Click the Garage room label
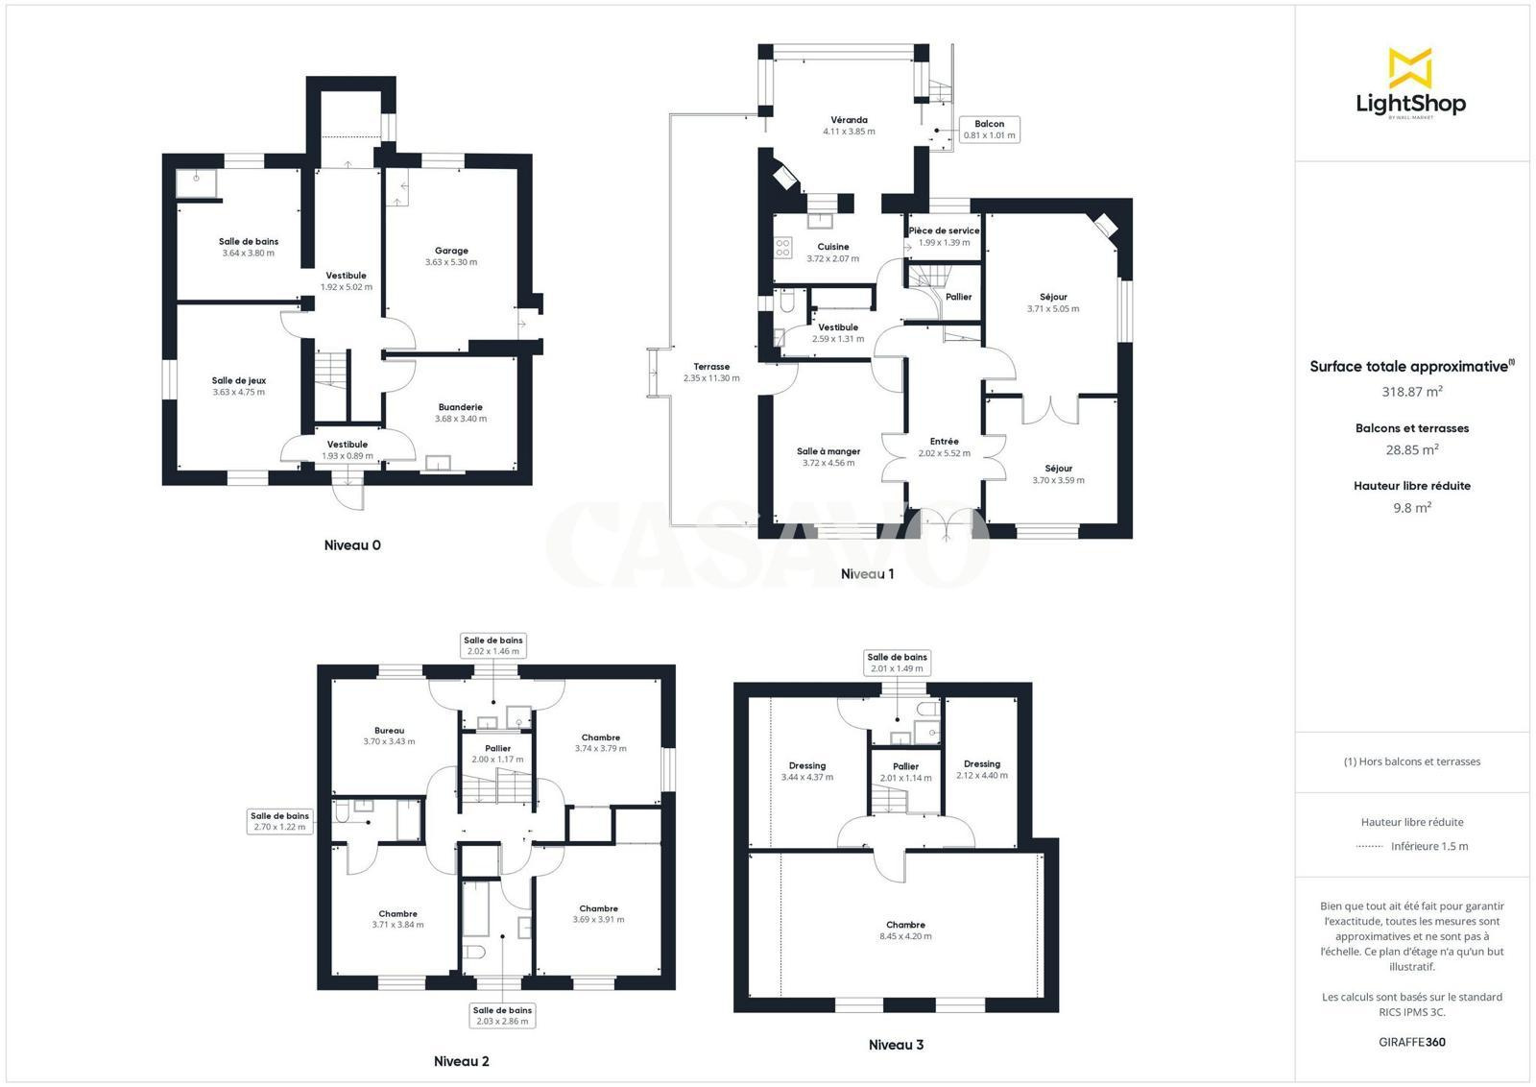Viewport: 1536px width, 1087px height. (451, 251)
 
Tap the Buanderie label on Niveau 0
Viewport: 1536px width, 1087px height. (461, 407)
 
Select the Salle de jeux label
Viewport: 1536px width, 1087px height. (239, 380)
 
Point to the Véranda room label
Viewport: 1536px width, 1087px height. (849, 120)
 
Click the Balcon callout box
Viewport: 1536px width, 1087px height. (990, 129)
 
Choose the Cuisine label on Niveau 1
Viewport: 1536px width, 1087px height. (833, 247)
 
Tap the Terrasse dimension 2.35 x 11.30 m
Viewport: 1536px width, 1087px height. (711, 378)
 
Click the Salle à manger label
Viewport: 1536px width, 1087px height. (828, 451)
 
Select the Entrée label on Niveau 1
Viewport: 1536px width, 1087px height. (945, 442)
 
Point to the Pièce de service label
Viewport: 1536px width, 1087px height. (945, 231)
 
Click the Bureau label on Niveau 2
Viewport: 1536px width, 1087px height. (390, 731)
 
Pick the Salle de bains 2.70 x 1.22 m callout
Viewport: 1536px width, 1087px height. (279, 822)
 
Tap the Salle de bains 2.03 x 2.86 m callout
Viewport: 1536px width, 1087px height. (503, 1016)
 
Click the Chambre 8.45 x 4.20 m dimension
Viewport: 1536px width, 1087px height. (906, 936)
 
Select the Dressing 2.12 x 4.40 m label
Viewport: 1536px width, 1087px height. (982, 764)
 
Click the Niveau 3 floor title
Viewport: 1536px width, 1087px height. (897, 1045)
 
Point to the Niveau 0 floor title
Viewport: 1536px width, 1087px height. (352, 545)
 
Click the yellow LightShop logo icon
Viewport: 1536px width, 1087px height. (1410, 68)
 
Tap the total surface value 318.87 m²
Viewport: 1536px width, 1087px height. (1412, 392)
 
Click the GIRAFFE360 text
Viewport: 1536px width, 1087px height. (1412, 1043)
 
